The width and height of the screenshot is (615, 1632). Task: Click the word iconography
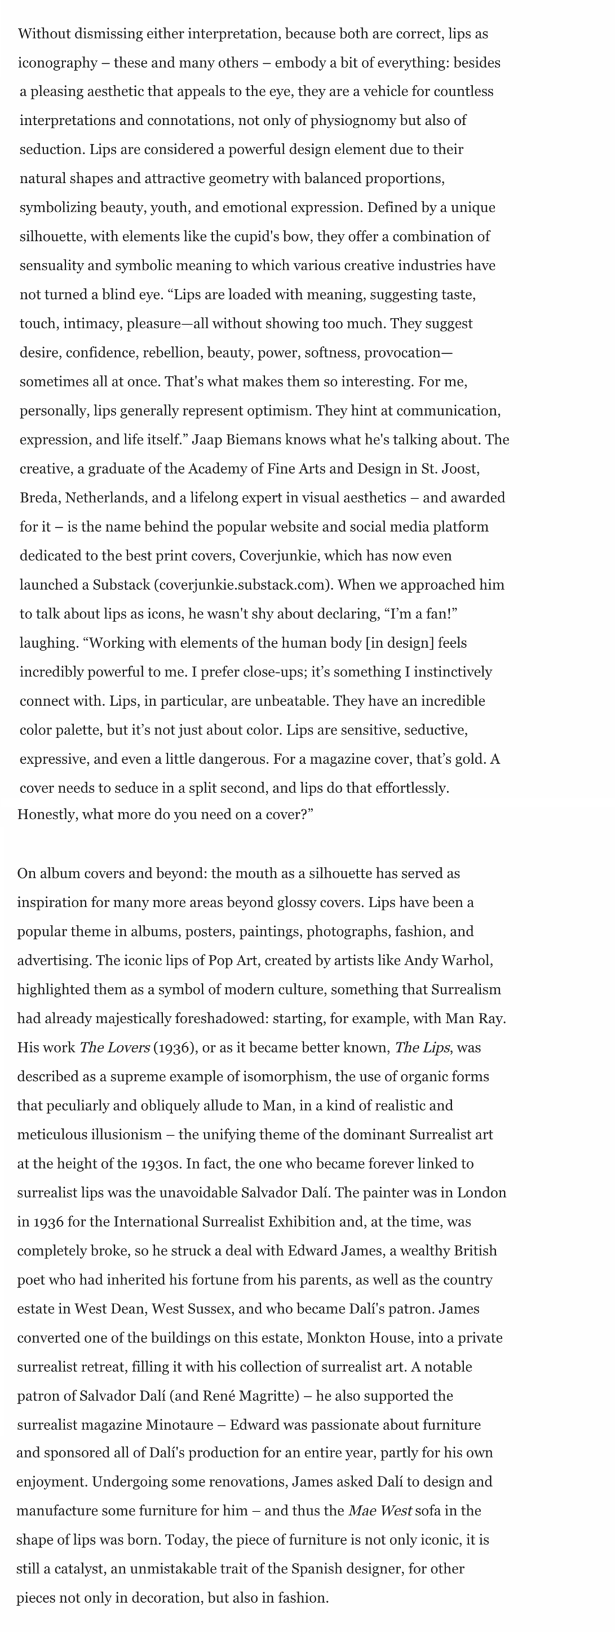(57, 63)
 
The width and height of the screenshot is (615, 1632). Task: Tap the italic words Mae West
(379, 1511)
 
